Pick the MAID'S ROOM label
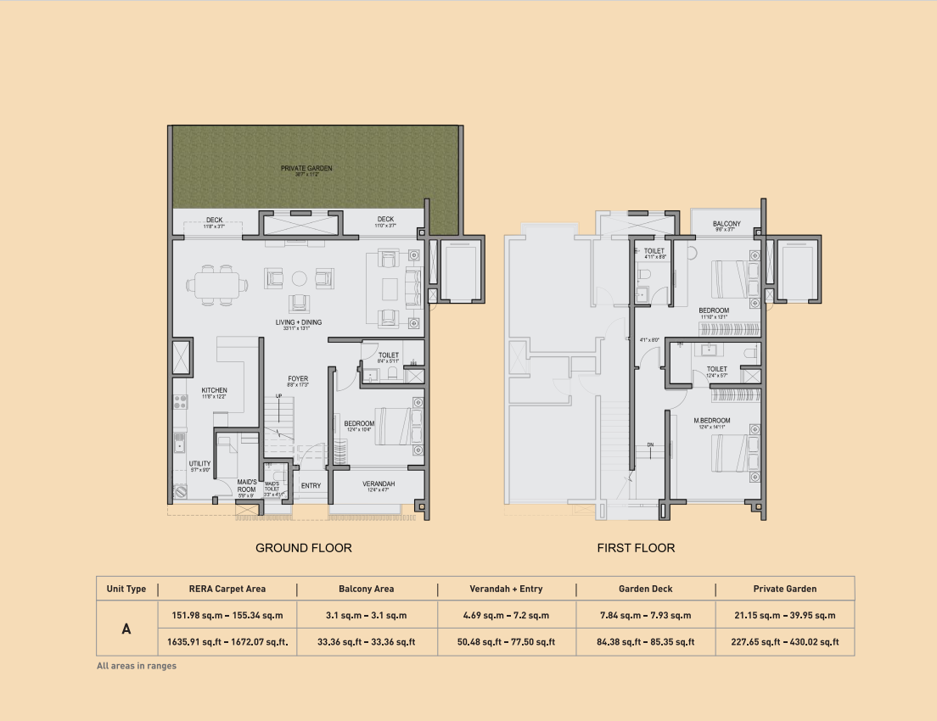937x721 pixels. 247,486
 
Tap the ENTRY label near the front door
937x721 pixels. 311,486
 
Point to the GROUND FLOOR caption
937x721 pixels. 304,548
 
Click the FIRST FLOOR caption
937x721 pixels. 636,548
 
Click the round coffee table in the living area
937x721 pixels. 300,278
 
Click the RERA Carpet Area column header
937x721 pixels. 227,589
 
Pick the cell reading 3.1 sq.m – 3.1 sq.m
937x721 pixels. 366,615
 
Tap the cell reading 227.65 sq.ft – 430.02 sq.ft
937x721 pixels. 784,642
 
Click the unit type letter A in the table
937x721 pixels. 126,629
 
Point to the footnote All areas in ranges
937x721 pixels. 137,667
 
